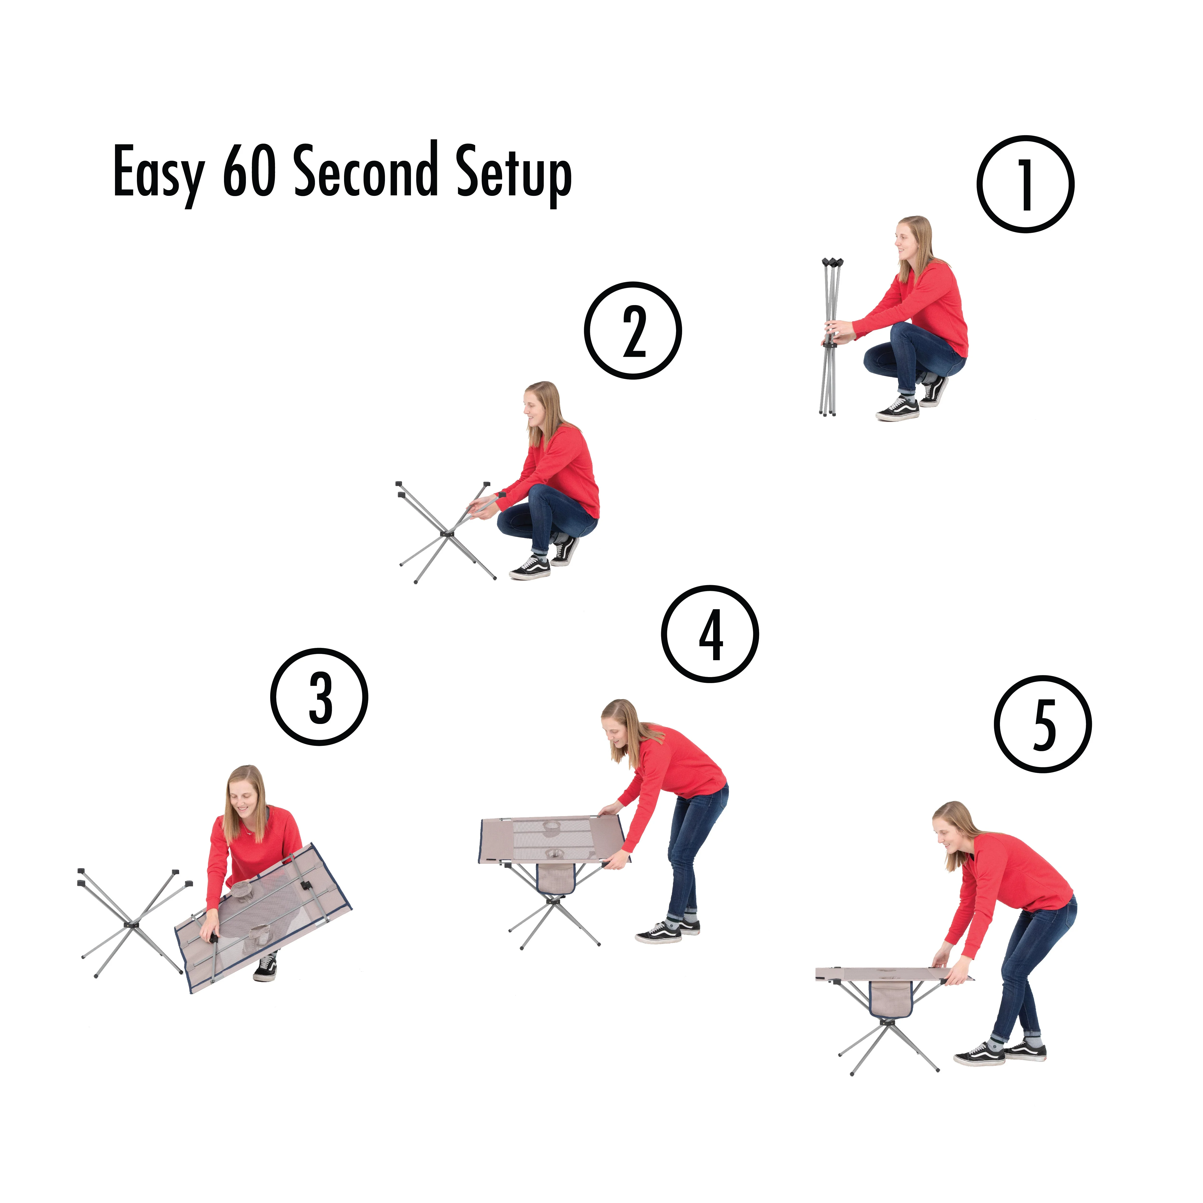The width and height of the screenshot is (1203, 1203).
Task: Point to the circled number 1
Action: [1025, 184]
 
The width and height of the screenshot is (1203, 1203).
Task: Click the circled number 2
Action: [633, 331]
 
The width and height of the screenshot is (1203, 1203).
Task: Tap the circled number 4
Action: [710, 634]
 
